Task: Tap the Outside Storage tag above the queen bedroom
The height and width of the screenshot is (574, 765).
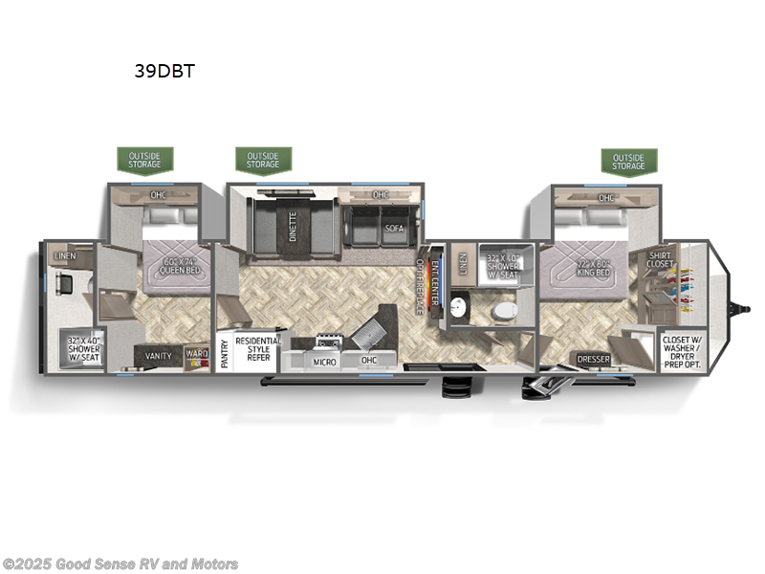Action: (x=144, y=160)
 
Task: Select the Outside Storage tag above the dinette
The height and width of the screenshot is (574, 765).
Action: (x=263, y=160)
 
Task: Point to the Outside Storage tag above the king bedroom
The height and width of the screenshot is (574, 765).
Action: (x=628, y=161)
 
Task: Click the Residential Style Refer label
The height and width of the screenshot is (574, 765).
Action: (x=259, y=349)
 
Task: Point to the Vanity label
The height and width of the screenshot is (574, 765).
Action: (x=159, y=356)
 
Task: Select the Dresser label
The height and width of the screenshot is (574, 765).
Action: (x=595, y=360)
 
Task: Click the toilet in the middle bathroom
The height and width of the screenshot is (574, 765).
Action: (x=504, y=310)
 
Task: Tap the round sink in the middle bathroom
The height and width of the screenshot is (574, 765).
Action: (x=458, y=307)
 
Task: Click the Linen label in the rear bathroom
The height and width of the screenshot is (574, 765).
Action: (x=65, y=256)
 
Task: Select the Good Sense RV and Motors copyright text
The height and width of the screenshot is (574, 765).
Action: (x=120, y=564)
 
